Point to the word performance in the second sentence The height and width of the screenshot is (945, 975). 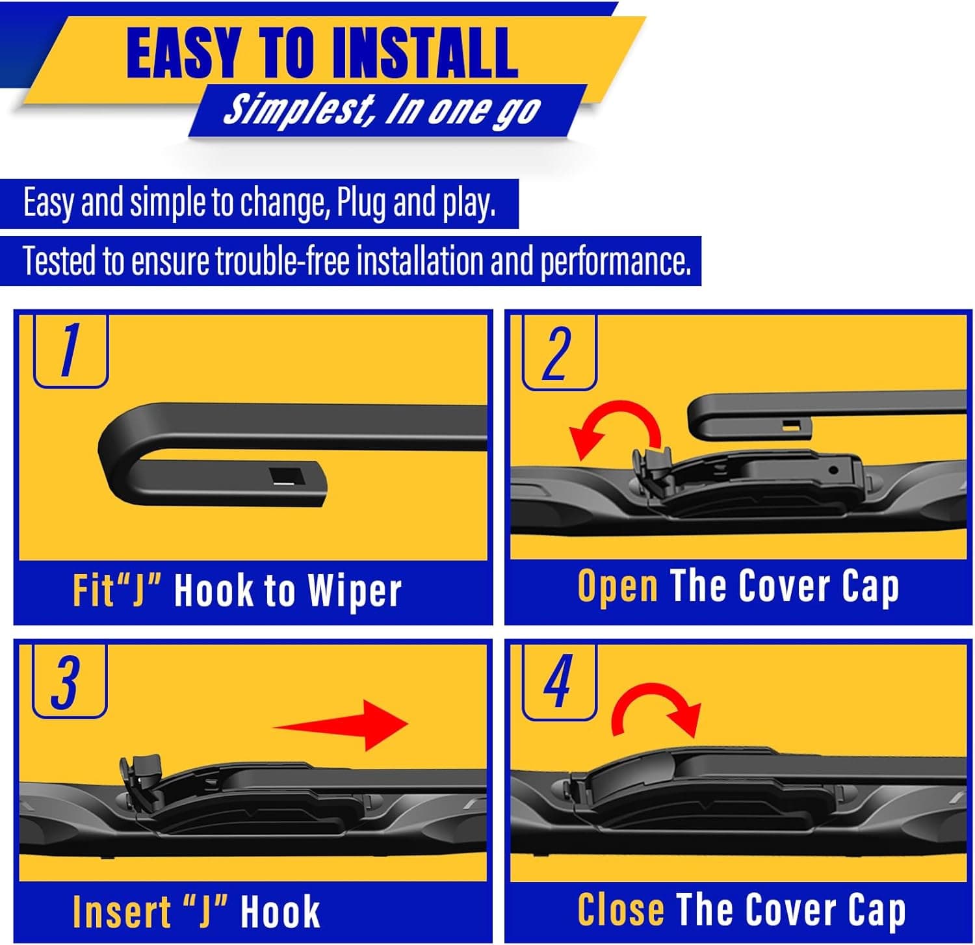[615, 261]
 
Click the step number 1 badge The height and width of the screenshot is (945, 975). [70, 351]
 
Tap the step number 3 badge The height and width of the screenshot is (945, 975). [69, 682]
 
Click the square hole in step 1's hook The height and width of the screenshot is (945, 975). [287, 476]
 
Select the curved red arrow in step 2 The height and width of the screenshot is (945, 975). [614, 428]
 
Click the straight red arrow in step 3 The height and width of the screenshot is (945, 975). [344, 725]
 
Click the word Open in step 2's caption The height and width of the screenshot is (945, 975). [617, 587]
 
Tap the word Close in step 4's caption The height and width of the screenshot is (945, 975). [621, 909]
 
